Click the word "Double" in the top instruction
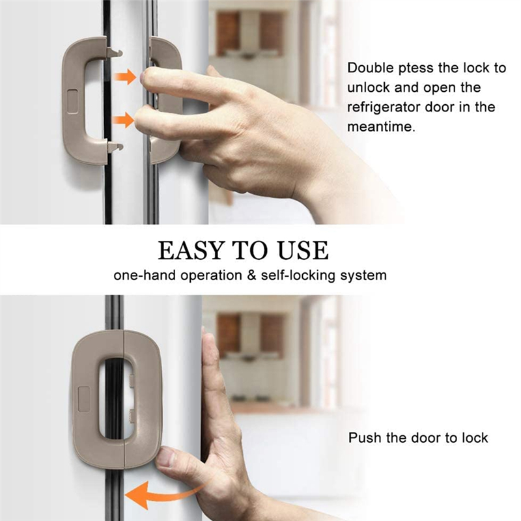[369, 68]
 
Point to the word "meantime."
[380, 127]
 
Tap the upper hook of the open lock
[115, 50]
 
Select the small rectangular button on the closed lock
[83, 399]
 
